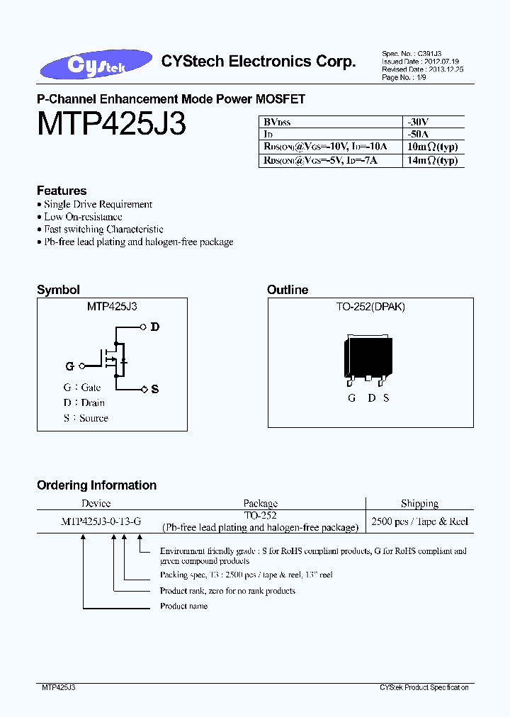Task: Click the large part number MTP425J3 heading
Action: tap(111, 125)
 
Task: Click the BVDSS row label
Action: tap(278, 122)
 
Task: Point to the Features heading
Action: tap(62, 191)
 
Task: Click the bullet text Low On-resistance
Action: tap(83, 217)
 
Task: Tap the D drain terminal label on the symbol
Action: tap(155, 327)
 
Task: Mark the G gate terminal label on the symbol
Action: tap(69, 366)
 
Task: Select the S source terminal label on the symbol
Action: tap(155, 389)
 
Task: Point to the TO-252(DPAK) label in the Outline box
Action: tap(370, 307)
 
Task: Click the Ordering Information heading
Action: tap(96, 485)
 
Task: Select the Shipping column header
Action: tap(419, 504)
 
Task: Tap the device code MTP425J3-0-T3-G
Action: tap(101, 521)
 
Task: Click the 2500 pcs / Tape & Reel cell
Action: tap(419, 521)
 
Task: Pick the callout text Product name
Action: tap(183, 606)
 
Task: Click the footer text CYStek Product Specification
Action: tap(424, 687)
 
